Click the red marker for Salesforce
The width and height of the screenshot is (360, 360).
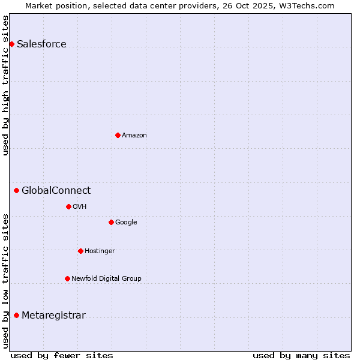point(11,44)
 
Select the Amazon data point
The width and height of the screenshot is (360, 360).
point(118,135)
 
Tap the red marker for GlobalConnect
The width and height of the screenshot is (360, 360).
point(16,191)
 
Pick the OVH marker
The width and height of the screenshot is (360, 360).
point(68,206)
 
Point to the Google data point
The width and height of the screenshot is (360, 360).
point(111,222)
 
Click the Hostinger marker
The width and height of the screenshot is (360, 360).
point(80,251)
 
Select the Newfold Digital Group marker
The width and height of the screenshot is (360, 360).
point(67,278)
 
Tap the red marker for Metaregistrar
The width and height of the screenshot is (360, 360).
point(16,316)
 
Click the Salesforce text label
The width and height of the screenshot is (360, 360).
point(41,44)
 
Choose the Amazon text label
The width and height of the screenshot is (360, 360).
point(134,135)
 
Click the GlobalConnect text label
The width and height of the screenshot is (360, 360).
point(56,191)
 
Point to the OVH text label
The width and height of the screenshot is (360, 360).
point(79,206)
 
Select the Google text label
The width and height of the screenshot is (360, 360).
point(126,222)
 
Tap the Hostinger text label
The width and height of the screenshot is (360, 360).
point(100,251)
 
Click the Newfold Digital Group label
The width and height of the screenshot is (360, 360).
point(106,278)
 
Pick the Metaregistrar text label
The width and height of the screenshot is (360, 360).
point(53,316)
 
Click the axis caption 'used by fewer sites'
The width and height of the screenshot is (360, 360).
point(62,355)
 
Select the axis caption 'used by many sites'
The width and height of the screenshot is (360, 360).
point(301,355)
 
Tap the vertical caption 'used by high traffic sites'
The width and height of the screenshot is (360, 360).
point(5,85)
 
